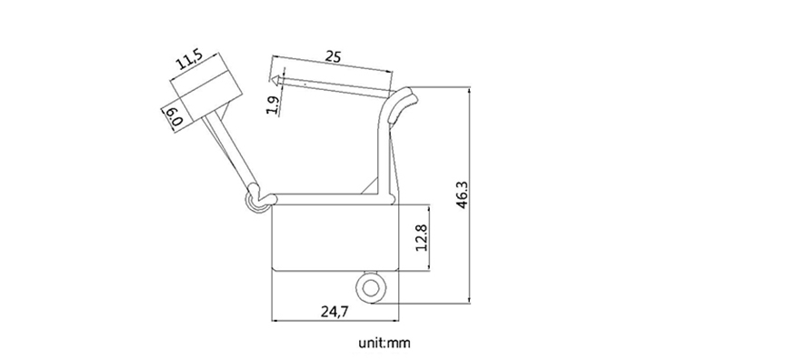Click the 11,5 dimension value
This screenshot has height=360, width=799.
pyautogui.click(x=189, y=62)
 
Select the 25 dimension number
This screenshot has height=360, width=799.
pyautogui.click(x=333, y=56)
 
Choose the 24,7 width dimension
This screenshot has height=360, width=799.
pyautogui.click(x=335, y=312)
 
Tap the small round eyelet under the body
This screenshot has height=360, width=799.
pyautogui.click(x=370, y=289)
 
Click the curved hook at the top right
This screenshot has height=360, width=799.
pyautogui.click(x=402, y=102)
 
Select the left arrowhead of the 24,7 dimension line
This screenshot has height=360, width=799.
pyautogui.click(x=276, y=320)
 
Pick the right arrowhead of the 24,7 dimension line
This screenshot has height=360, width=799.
pyautogui.click(x=396, y=320)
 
